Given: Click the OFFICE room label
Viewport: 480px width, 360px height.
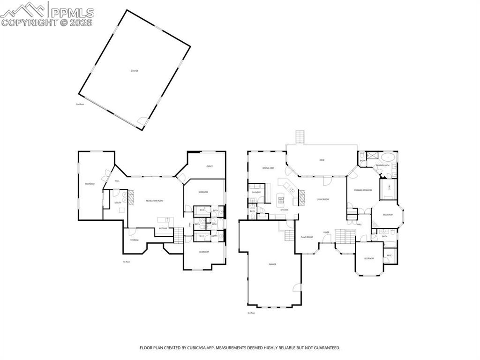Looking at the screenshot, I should tap(210, 166).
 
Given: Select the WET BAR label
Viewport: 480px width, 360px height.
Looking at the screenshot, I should tap(163, 228).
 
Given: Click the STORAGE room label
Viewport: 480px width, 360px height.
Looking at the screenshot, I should tap(135, 240).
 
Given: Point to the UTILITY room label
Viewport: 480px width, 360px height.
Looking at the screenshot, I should tap(118, 202).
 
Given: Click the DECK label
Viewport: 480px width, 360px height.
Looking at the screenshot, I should tap(322, 160).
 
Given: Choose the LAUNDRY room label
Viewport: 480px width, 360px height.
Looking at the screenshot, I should tap(256, 192).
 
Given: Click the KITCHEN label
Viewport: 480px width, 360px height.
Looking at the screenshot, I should tap(284, 210).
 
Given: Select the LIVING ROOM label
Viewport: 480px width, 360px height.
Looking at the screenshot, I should tap(322, 199).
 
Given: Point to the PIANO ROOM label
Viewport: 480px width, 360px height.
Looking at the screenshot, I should tap(307, 237).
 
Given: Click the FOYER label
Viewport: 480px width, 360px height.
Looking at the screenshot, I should tap(326, 232).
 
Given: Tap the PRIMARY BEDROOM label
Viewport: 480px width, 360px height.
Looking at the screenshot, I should tap(363, 190).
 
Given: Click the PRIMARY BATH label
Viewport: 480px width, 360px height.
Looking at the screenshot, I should tap(382, 165).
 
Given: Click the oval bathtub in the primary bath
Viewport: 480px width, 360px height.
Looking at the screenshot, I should tap(388, 157).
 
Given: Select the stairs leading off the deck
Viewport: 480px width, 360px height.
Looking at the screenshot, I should tap(300, 138).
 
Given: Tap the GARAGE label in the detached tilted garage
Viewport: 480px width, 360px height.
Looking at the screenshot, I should tap(135, 71).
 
